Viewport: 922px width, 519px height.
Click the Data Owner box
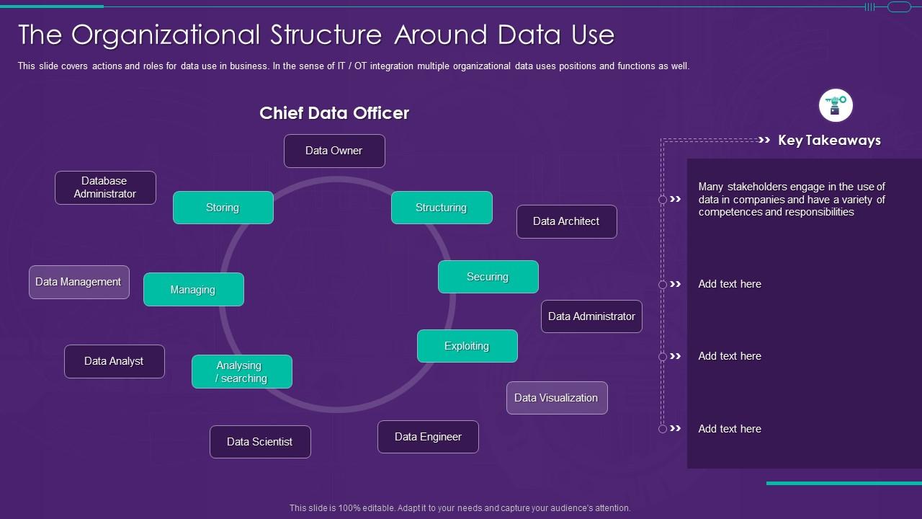click(x=334, y=151)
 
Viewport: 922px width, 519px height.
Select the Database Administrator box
click(x=105, y=187)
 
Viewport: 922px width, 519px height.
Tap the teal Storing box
click(x=223, y=208)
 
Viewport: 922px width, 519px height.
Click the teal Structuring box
click(x=442, y=208)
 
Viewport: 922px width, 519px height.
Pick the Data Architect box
click(x=566, y=221)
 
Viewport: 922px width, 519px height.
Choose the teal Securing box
click(x=488, y=277)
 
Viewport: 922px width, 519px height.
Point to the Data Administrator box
click(x=591, y=316)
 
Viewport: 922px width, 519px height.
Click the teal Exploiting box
click(x=467, y=346)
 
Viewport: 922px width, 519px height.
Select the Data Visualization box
click(x=557, y=398)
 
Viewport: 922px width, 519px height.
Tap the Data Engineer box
click(x=428, y=437)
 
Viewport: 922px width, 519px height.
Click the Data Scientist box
click(x=260, y=442)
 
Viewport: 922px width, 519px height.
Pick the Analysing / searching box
click(x=242, y=372)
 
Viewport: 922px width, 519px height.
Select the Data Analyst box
click(x=115, y=361)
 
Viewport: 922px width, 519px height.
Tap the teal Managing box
click(x=193, y=290)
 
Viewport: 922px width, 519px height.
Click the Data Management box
click(x=79, y=282)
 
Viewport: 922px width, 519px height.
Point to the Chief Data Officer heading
click(x=334, y=113)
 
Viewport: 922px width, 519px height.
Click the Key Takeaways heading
click(x=829, y=141)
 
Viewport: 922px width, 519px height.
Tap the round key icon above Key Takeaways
click(x=836, y=106)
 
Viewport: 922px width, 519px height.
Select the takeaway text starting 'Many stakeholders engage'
click(x=792, y=199)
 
